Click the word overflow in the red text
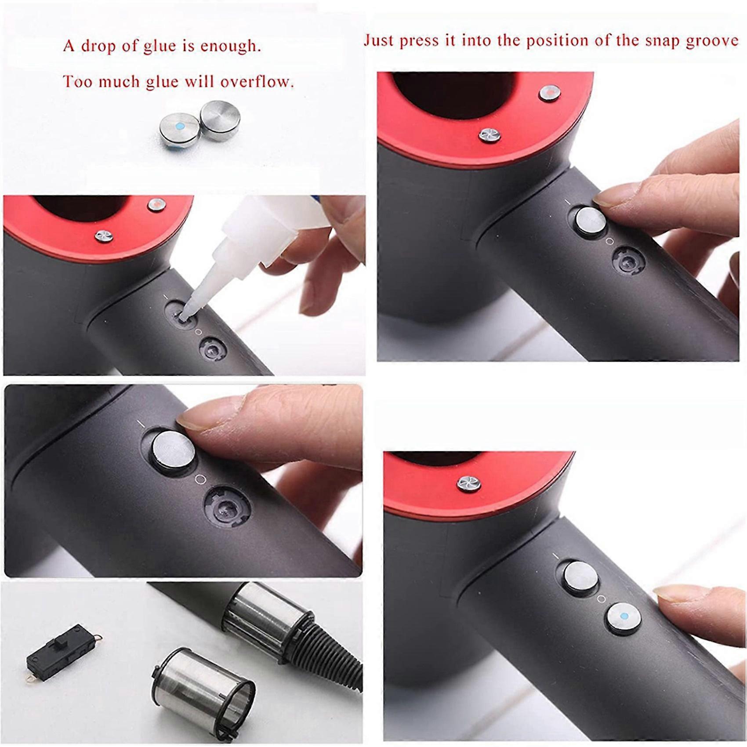point(257,82)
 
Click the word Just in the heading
point(379,41)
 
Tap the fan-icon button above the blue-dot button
point(469,484)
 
